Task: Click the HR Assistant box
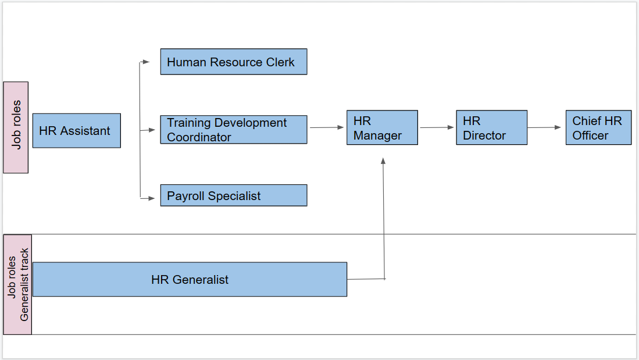(76, 131)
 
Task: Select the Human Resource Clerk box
(233, 62)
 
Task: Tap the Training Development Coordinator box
(233, 130)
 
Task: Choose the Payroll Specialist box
(233, 195)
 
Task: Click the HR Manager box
(382, 128)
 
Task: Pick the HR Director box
(491, 128)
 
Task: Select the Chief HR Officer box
(598, 128)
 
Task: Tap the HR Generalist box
(190, 280)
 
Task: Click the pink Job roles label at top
(16, 127)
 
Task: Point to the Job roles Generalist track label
(17, 284)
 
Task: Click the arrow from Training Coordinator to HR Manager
(327, 127)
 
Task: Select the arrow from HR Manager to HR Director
(437, 127)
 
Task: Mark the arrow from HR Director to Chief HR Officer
(546, 127)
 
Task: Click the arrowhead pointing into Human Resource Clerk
(146, 62)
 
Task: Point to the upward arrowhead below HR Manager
(383, 161)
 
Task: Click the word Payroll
(185, 196)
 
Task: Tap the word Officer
(590, 136)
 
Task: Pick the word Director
(484, 136)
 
